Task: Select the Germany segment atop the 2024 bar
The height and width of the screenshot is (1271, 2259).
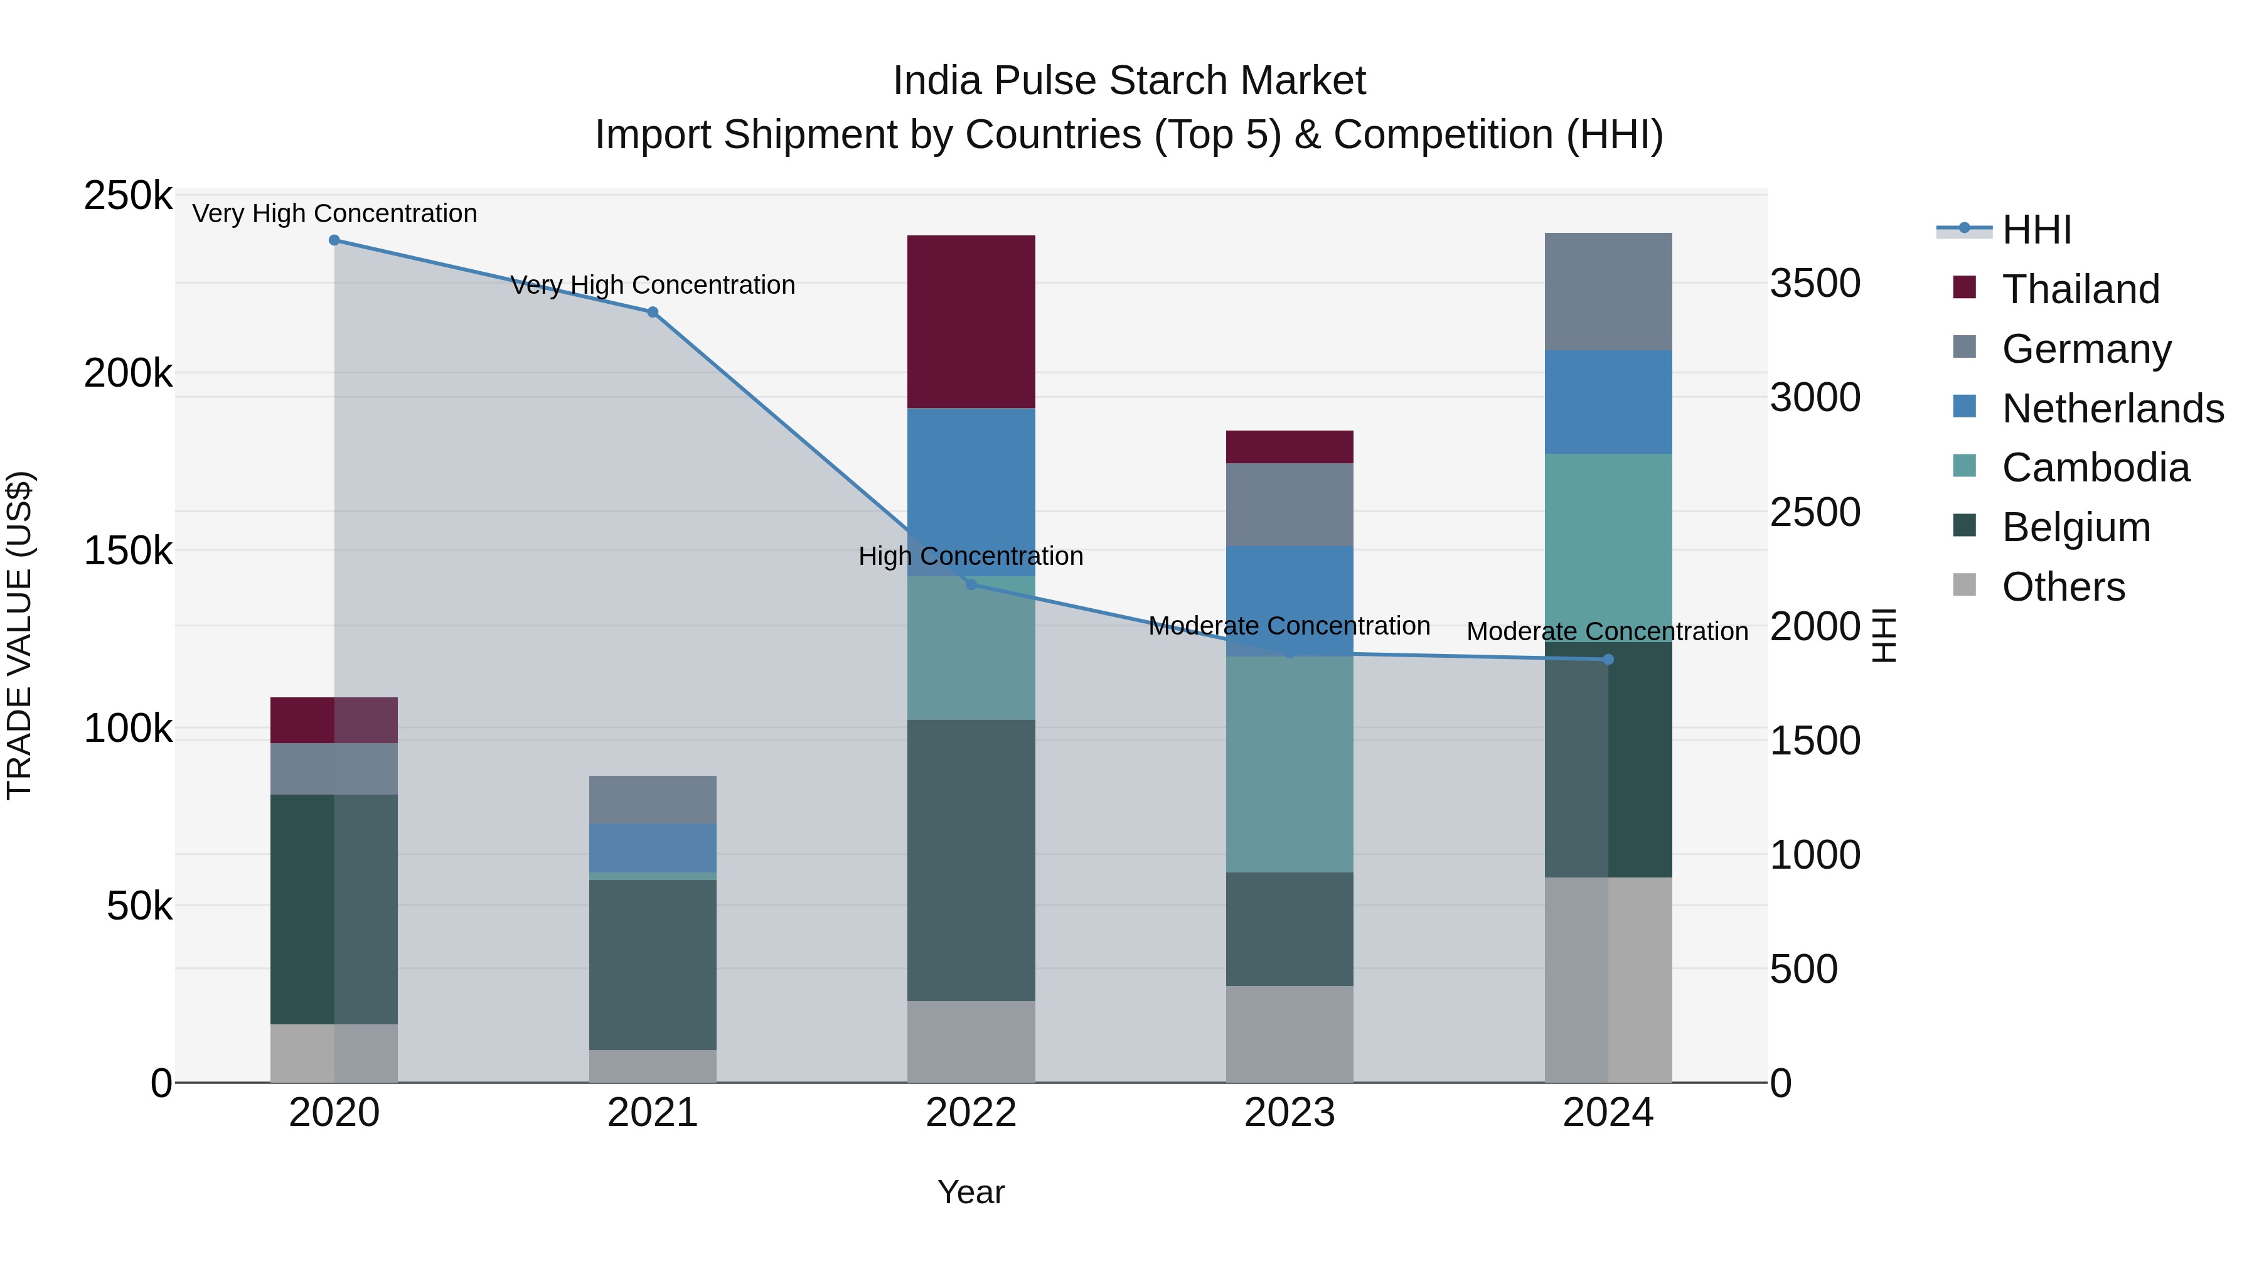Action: tap(1608, 291)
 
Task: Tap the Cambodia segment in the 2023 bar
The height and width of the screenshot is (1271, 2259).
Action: tap(1289, 763)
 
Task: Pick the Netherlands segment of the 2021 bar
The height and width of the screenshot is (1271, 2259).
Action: tap(653, 847)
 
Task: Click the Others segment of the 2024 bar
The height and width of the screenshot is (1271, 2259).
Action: tap(1608, 979)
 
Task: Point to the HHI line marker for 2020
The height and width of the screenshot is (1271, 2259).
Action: tap(334, 240)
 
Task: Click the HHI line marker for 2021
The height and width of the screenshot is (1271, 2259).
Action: tap(653, 313)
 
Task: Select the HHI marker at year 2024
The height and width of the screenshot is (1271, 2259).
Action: tap(1608, 660)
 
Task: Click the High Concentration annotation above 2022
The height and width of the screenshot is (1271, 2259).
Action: tap(971, 556)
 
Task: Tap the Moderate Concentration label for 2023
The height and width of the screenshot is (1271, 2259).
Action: tap(1289, 626)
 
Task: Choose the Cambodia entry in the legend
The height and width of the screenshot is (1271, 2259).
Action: tap(2095, 468)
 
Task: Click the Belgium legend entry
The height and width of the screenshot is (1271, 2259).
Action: tap(2076, 527)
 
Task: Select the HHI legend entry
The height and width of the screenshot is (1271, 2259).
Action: tap(2036, 230)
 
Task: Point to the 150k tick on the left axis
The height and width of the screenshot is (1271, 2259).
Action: tap(128, 552)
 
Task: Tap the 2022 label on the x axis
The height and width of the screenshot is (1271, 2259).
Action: tap(971, 1113)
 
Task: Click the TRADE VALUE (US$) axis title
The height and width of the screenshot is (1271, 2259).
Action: tap(19, 635)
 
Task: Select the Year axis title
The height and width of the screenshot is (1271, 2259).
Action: tap(971, 1192)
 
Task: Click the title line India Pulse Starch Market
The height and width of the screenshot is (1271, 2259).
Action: tap(1129, 81)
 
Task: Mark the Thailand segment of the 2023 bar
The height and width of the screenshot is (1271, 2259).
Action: tap(1289, 446)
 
